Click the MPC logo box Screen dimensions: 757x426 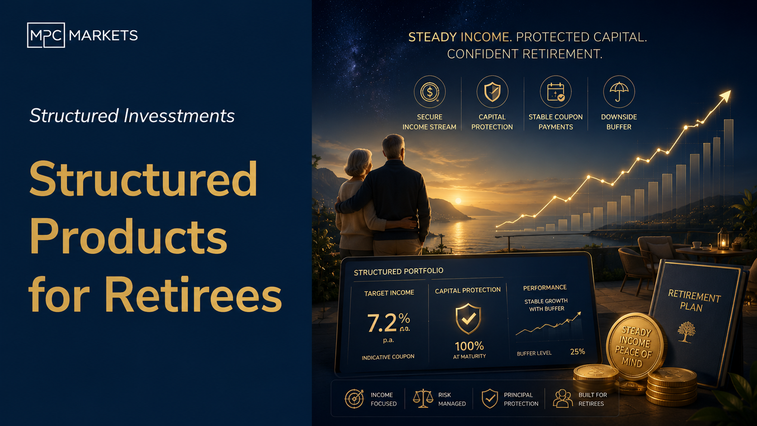[46, 35]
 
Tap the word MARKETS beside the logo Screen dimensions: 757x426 [103, 35]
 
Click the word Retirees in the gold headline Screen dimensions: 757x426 [193, 294]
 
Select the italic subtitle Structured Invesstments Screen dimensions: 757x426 [132, 115]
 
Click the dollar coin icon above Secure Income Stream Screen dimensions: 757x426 [430, 92]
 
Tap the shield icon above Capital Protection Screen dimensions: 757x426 [493, 92]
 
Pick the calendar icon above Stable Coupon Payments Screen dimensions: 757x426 [556, 92]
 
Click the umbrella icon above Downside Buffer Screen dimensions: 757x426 [619, 92]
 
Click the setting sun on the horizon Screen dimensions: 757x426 [458, 201]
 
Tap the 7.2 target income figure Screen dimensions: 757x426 [382, 323]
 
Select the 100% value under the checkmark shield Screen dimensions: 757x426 [469, 346]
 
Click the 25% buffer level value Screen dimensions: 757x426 [578, 352]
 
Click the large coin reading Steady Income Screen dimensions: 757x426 [635, 347]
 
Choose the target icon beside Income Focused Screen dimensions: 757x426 [354, 399]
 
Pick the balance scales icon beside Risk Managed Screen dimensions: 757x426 [423, 399]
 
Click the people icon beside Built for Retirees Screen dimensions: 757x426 [563, 399]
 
